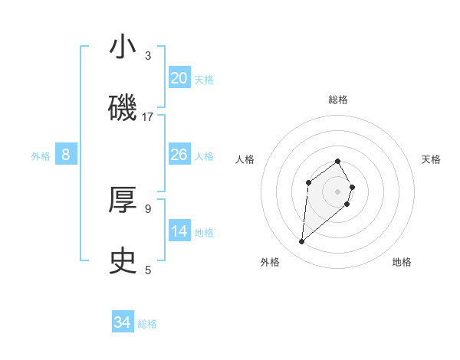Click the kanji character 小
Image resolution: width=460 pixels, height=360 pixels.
tap(123, 47)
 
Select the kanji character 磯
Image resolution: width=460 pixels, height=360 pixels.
tap(123, 109)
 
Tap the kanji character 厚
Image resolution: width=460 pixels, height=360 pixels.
tap(123, 201)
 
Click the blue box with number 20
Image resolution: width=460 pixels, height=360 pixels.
tap(179, 77)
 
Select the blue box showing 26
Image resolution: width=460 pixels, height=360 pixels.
tap(179, 155)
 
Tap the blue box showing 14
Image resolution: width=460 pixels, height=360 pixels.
tap(179, 231)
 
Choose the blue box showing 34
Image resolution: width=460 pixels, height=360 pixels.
tap(123, 322)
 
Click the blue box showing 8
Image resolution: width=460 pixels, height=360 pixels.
tap(66, 155)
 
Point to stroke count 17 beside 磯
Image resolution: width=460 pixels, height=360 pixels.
tap(148, 117)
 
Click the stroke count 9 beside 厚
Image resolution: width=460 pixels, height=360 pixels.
tap(148, 208)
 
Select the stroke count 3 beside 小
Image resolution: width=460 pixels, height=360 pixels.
tap(148, 56)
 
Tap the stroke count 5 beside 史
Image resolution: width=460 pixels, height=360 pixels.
tap(148, 270)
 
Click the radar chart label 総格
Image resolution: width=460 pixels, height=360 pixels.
tap(338, 100)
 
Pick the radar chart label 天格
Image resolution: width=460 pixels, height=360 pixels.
tap(431, 159)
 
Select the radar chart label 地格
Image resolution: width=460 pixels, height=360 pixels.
tap(402, 263)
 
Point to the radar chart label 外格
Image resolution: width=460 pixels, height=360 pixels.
tap(270, 263)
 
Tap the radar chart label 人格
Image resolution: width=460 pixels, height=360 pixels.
tap(245, 159)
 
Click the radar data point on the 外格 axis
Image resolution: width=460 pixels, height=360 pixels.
tap(301, 242)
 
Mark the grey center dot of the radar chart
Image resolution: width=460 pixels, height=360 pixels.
tap(338, 191)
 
